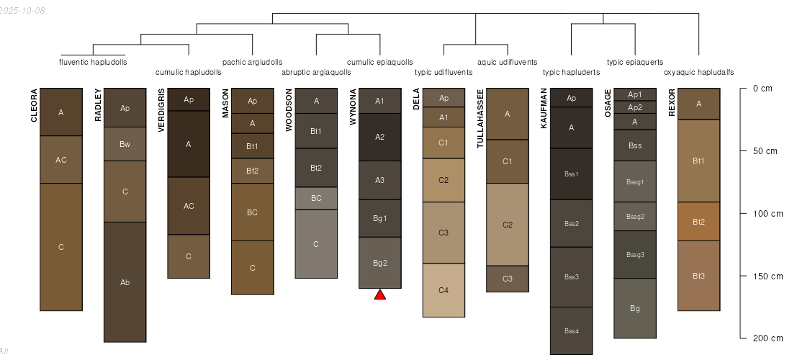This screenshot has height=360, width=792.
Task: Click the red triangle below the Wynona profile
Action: (x=380, y=294)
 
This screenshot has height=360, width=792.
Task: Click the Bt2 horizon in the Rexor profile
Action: (x=698, y=222)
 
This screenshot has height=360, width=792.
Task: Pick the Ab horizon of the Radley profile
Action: (x=125, y=282)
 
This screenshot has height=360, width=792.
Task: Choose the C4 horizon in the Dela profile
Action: (x=444, y=290)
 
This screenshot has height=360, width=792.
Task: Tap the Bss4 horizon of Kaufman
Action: (x=571, y=330)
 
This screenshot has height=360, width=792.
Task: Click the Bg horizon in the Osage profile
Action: (x=635, y=308)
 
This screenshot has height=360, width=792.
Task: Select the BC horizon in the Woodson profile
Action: (x=316, y=198)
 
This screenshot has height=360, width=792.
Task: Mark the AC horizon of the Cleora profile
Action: (x=61, y=160)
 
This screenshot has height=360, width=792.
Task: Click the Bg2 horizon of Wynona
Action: (x=380, y=263)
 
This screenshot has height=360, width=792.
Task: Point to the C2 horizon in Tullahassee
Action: (x=508, y=225)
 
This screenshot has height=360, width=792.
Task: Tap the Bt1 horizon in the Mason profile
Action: (x=252, y=146)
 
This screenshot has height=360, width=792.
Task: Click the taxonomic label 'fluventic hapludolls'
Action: (x=93, y=62)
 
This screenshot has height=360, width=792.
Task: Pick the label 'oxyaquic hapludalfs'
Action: (x=698, y=72)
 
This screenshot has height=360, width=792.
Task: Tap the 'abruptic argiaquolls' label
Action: (x=316, y=72)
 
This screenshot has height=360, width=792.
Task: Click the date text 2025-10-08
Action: (x=22, y=11)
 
